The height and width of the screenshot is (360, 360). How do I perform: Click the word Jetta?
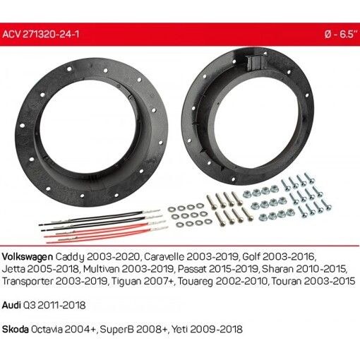pos(14,268)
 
